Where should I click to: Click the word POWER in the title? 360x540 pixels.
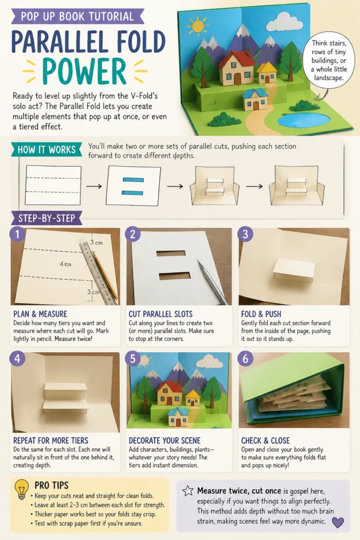84,71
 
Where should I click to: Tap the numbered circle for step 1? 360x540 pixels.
17,234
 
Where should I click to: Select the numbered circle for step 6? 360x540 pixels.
246,359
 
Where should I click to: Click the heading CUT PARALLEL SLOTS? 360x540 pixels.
160,314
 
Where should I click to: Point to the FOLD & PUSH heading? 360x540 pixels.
261,314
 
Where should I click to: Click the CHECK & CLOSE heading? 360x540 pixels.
265,440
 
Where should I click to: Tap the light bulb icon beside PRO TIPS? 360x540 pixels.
21,489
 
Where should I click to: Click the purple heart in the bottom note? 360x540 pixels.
338,522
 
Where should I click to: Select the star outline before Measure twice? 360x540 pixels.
188,490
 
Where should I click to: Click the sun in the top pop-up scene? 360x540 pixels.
198,26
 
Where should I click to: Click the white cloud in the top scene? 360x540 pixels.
284,22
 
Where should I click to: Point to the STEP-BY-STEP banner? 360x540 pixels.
46,218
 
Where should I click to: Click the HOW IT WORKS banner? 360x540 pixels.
46,150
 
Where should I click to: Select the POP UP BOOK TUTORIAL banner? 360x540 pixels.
77,16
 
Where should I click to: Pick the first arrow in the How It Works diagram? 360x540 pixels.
94,186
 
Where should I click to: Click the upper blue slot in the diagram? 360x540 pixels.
133,180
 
